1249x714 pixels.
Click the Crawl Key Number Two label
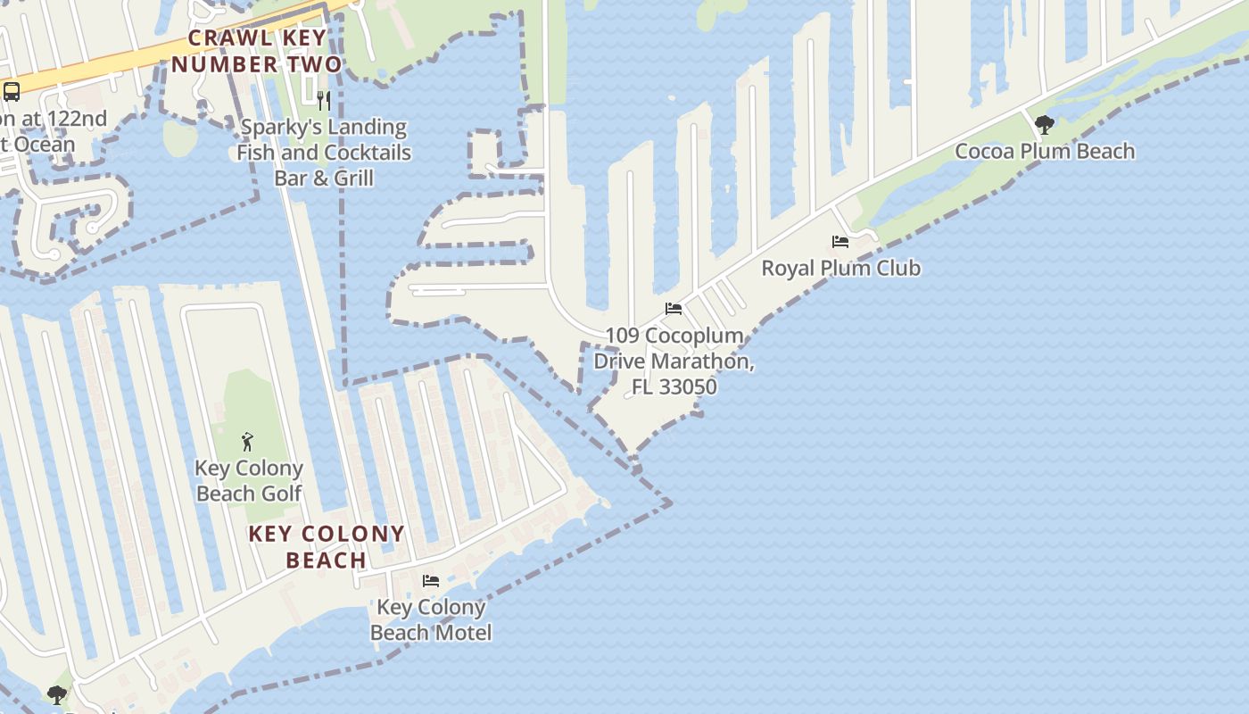256,52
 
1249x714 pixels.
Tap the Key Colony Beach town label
327,546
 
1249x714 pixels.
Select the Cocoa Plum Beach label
1045,151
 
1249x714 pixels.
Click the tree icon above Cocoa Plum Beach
1044,125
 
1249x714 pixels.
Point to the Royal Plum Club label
840,268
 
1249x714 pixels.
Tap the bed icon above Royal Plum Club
840,242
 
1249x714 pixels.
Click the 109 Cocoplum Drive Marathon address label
674,361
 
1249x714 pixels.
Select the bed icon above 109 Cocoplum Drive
674,309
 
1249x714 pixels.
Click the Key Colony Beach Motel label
431,619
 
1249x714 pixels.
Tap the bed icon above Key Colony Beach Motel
431,581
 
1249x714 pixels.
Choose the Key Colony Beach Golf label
249,480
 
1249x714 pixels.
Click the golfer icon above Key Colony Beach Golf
248,441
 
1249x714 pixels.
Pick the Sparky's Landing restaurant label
324,152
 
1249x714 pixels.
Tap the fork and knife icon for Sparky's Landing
324,100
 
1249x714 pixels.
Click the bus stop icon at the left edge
12,91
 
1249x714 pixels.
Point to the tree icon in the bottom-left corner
57,694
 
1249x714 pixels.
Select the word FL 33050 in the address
674,387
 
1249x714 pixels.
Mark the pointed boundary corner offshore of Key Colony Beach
670,503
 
